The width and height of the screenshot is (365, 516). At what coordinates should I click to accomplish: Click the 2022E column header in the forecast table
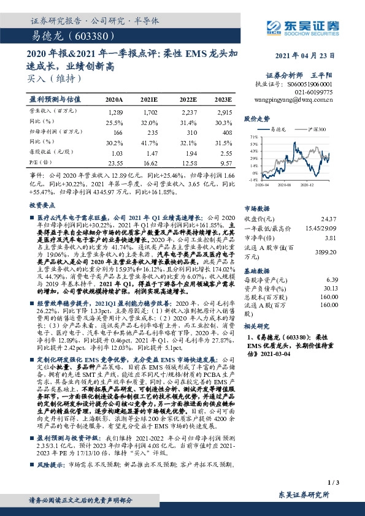(187, 99)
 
